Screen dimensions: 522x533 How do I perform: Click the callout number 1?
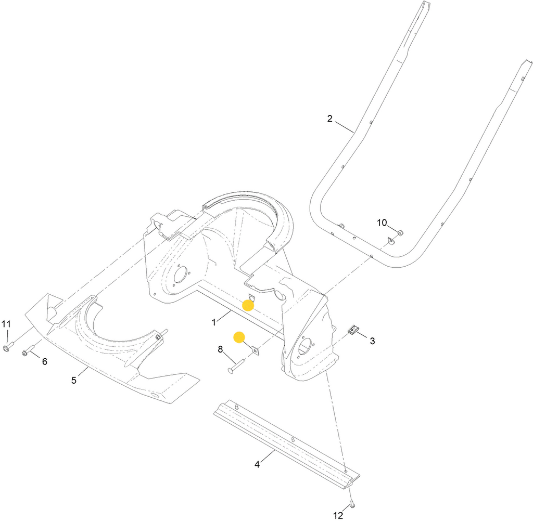click(213, 322)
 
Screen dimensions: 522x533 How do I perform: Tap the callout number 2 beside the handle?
click(329, 119)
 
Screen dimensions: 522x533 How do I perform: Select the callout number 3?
click(372, 341)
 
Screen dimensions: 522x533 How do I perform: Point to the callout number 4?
click(257, 464)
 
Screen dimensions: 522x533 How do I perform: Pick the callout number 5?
click(74, 380)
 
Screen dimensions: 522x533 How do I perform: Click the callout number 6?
click(44, 361)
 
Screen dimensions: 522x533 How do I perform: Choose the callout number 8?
click(220, 350)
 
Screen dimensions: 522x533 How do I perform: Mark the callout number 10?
click(382, 223)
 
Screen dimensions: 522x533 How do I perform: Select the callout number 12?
click(338, 515)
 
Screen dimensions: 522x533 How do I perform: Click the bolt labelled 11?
click(7, 347)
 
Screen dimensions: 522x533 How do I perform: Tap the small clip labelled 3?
click(354, 330)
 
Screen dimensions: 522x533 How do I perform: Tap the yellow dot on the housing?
click(248, 305)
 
